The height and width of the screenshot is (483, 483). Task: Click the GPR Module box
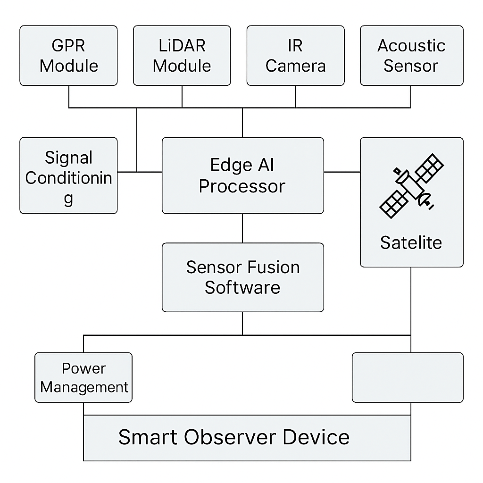(x=68, y=56)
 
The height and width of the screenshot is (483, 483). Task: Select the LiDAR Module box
(x=182, y=56)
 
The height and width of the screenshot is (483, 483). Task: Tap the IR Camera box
(x=295, y=56)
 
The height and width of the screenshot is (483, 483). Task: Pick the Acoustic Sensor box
(x=411, y=56)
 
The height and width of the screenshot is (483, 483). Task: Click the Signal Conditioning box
(x=68, y=175)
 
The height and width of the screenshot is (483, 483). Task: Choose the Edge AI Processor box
(x=242, y=175)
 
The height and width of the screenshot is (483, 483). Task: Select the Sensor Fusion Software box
(x=242, y=277)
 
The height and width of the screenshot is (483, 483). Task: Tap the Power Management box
(x=83, y=377)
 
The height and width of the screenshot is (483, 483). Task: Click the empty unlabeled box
(x=408, y=377)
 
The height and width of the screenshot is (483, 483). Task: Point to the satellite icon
(x=411, y=186)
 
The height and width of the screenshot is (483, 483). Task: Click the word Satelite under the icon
(x=411, y=242)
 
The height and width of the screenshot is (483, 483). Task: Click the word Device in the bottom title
(x=316, y=437)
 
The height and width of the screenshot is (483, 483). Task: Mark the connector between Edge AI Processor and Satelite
(x=342, y=172)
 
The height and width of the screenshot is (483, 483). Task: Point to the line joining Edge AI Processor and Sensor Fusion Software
(x=242, y=228)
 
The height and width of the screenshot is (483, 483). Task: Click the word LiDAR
(x=182, y=46)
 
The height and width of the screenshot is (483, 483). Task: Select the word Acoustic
(x=411, y=46)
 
